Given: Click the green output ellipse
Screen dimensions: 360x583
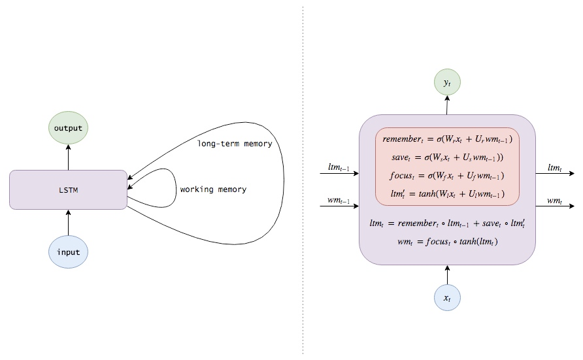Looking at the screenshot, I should [68, 128].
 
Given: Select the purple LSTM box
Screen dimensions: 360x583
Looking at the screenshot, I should [68, 189].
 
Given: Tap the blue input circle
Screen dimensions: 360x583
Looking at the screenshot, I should [68, 252].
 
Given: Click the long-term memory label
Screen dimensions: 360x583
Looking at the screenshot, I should [234, 143].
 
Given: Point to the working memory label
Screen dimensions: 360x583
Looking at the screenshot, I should [213, 189].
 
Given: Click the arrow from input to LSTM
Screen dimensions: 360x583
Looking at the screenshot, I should [68, 222].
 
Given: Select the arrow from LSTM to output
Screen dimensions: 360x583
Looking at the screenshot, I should [68, 157].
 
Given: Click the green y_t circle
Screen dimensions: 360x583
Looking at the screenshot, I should [447, 83].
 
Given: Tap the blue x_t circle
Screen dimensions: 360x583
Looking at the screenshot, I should [447, 298].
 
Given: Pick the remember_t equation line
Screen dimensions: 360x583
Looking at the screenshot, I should [447, 140].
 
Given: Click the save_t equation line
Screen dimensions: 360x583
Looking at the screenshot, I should [447, 158].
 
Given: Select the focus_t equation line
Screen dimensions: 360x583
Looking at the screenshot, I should [447, 176].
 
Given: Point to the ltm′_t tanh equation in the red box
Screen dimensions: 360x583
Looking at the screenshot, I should [447, 193].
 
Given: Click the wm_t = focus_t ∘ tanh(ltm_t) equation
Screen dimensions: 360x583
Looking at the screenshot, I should [447, 242].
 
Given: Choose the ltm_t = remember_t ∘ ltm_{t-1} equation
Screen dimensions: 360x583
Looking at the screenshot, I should [447, 223].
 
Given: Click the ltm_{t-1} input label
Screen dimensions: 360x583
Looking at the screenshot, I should [339, 168].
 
